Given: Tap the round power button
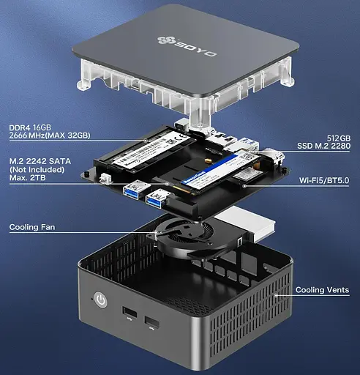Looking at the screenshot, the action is point(100,300).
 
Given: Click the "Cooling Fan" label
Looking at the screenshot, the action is point(32,227).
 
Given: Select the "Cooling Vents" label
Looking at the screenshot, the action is point(322,290).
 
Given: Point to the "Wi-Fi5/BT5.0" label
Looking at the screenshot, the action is point(324,180).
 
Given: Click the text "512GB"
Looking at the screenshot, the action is point(339,138).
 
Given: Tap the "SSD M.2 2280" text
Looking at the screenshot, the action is point(324,146).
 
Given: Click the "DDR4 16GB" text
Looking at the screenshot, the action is point(30,127).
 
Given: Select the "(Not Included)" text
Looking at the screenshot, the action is point(37,169).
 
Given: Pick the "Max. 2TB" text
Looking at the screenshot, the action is point(27,177).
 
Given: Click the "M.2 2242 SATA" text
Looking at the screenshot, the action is point(40,161).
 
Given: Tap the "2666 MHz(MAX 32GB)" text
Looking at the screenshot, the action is point(50,135).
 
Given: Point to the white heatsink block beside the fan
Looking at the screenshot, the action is point(247,223).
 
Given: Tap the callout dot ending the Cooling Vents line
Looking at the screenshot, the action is point(276,295).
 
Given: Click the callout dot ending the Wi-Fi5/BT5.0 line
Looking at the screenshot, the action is point(244,186).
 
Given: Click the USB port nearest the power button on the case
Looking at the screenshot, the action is point(129,312).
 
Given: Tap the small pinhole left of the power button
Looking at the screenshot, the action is point(92,298).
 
